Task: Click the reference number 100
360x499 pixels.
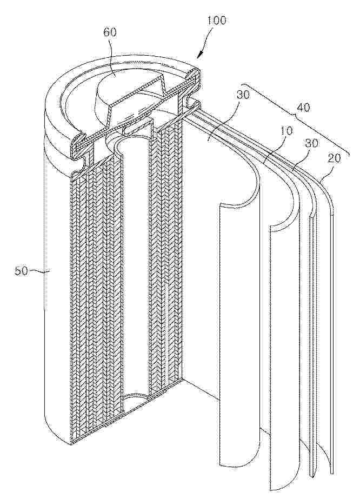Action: click(216, 21)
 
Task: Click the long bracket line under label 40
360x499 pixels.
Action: click(297, 119)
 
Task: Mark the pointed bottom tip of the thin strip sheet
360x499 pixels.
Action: click(312, 476)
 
